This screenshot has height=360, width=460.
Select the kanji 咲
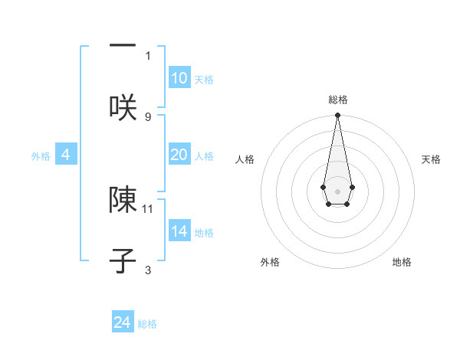[x=123, y=106]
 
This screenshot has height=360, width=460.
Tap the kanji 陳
[x=123, y=199]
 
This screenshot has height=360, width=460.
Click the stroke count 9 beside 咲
[x=148, y=116]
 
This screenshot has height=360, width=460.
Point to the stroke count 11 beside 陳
[x=148, y=208]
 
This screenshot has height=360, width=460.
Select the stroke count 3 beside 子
[x=148, y=270]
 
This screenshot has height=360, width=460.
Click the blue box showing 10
[x=179, y=78]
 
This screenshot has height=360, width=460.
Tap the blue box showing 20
[x=179, y=155]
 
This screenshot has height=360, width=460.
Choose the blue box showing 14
[x=179, y=231]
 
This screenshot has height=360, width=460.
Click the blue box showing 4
[x=66, y=155]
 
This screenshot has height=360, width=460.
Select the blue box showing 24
[x=123, y=322]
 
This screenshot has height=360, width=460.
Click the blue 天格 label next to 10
[x=204, y=80]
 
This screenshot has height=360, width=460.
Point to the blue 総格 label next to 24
[x=147, y=324]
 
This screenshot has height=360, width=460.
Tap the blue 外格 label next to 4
[x=41, y=156]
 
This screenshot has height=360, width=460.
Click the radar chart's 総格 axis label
[x=338, y=100]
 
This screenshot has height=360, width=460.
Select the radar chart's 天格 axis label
[x=431, y=159]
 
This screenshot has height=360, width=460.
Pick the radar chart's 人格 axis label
[x=245, y=159]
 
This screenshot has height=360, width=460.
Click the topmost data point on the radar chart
[x=337, y=116]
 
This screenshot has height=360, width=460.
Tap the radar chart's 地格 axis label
[x=402, y=262]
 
